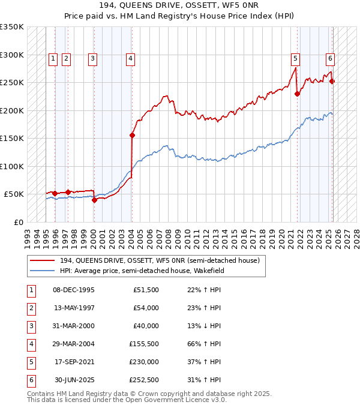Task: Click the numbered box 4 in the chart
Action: [130, 58]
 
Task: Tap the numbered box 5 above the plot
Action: [296, 58]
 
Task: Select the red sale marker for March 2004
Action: [132, 135]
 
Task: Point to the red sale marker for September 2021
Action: [297, 94]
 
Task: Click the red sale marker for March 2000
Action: [94, 200]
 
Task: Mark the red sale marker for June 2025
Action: [332, 82]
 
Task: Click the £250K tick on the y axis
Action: [12, 83]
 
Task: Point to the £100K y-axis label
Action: [12, 166]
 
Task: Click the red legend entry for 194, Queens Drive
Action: [159, 260]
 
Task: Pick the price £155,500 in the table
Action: [145, 344]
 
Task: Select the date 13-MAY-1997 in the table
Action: [74, 308]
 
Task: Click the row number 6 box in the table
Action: [30, 380]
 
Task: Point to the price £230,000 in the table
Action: [145, 362]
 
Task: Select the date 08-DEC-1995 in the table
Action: [74, 290]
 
